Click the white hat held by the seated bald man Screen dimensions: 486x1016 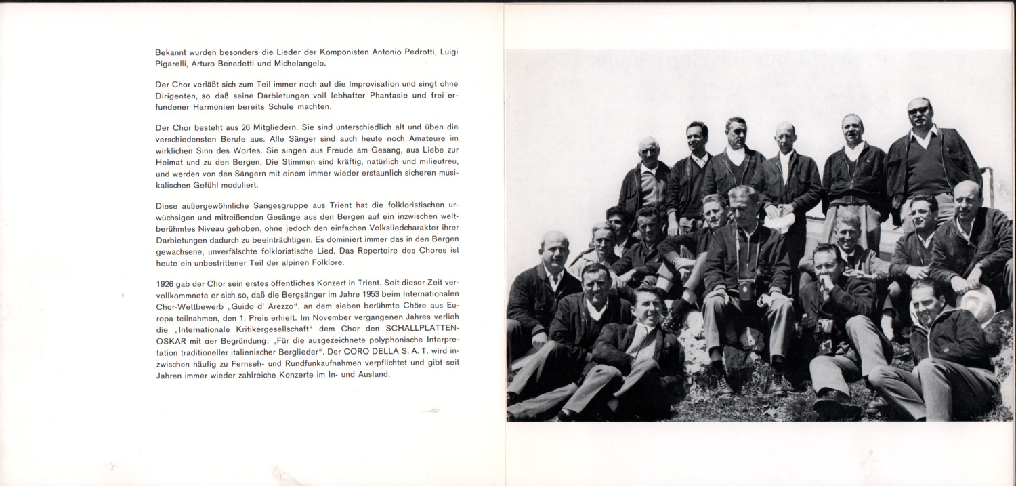[977, 302]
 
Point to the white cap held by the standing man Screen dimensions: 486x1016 [779, 221]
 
